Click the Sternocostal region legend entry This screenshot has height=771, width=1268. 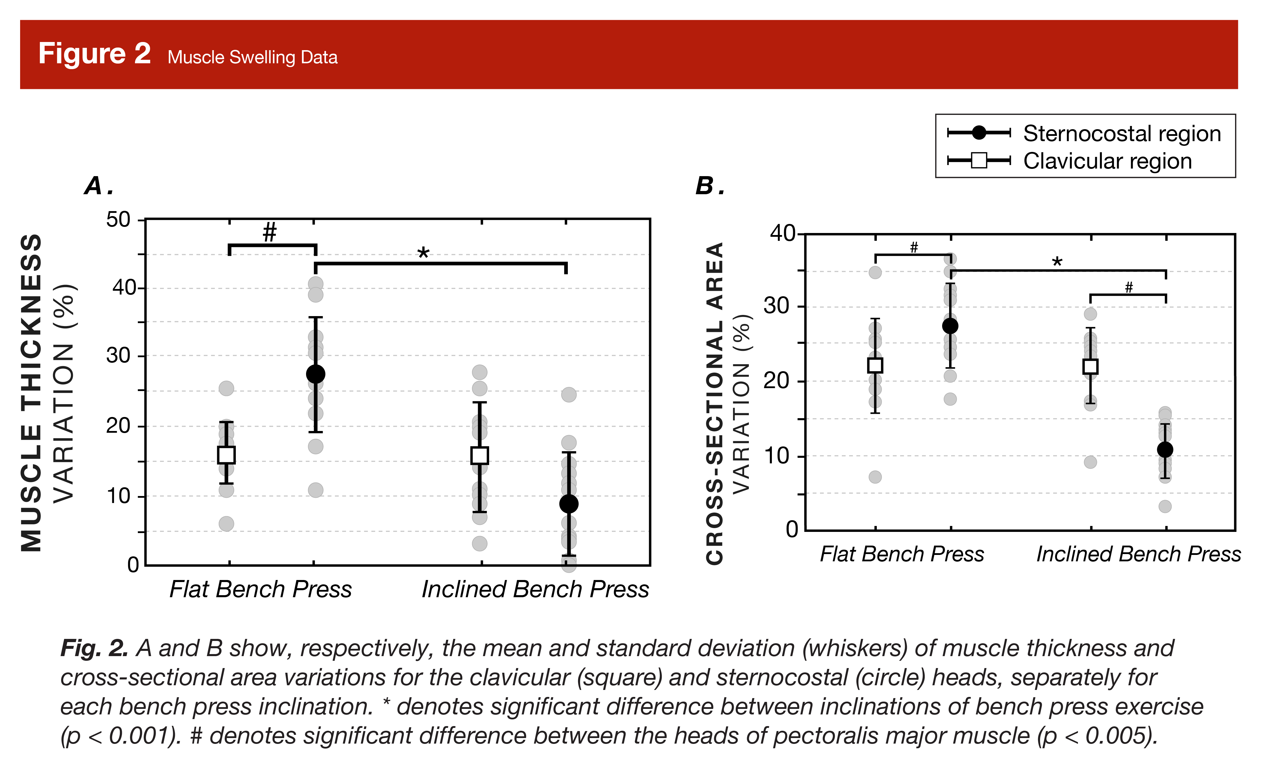coord(1122,133)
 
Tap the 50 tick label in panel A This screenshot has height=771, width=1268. coord(118,220)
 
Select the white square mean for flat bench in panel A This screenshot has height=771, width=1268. coord(226,455)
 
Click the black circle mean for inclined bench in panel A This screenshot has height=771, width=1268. coord(569,504)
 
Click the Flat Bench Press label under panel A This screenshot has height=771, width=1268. coord(260,589)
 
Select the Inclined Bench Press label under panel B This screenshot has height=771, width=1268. coord(1138,554)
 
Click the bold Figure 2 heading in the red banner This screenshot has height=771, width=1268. coord(95,54)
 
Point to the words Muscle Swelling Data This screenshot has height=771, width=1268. coord(253,57)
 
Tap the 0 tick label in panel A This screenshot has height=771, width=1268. coord(133,565)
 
